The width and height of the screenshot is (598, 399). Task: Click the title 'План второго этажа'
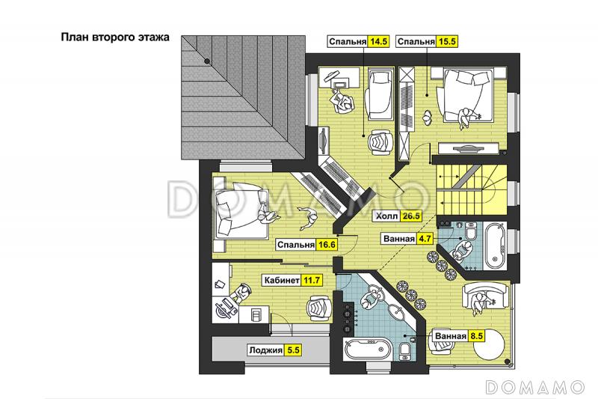pos(115,37)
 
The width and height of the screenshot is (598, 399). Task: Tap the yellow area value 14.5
pos(378,42)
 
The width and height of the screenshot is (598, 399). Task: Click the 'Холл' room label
pos(386,216)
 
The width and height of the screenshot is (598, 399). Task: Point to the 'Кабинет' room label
pos(282,281)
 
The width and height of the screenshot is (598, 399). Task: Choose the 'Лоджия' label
pos(265,350)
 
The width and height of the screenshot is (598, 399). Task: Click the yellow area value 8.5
pos(476,336)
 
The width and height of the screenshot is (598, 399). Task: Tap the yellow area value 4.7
pos(425,239)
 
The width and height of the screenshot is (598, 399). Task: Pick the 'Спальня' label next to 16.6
pos(296,245)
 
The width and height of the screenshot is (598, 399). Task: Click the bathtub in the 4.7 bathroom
pos(496,246)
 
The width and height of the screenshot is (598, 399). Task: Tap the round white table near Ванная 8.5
pos(490,344)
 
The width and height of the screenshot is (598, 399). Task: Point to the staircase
pos(472,189)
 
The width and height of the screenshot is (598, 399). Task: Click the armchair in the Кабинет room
pos(320,308)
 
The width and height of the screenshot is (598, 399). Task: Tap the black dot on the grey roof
pos(207,61)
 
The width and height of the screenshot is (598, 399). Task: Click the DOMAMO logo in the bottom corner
pos(535,387)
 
